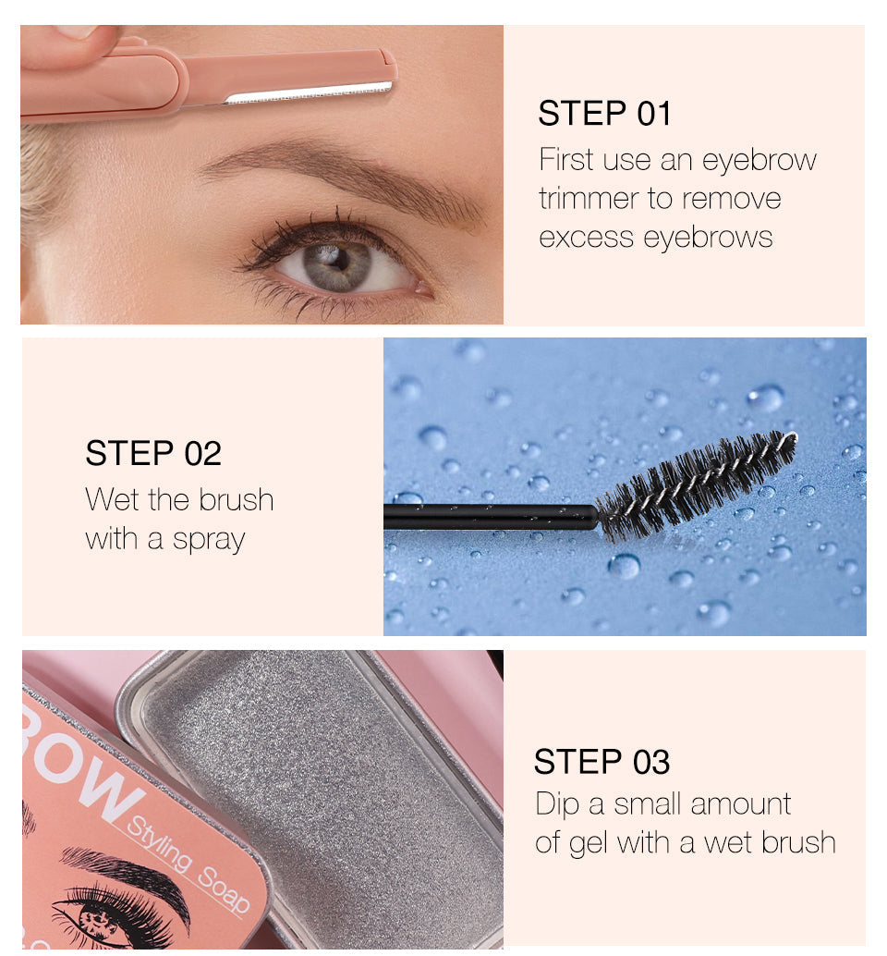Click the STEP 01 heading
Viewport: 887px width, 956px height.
604,114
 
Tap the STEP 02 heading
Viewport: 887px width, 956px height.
152,453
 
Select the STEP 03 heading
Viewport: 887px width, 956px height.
601,762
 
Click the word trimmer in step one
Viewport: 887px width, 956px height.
588,199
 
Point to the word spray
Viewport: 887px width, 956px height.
209,541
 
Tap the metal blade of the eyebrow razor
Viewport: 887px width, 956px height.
309,92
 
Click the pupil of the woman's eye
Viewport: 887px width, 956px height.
337,260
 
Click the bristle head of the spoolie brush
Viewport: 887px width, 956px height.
697,484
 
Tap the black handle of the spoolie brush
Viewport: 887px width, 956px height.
491,517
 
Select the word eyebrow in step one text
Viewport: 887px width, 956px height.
759,161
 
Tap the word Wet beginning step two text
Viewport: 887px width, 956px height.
112,499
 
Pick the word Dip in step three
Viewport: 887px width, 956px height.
556,804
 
